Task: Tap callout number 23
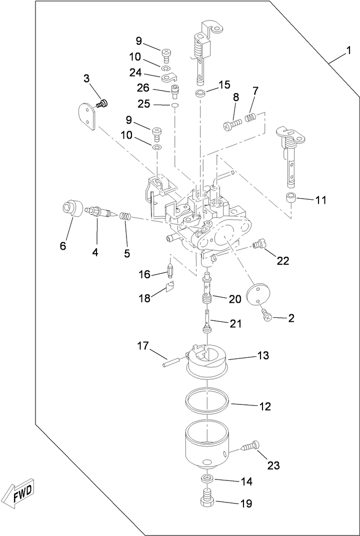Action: (273, 465)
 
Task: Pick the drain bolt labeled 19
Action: (207, 501)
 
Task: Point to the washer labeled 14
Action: (206, 480)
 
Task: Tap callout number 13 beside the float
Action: (263, 355)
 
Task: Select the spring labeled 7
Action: (250, 118)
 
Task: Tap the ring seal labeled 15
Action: (200, 94)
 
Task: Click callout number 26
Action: (143, 88)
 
